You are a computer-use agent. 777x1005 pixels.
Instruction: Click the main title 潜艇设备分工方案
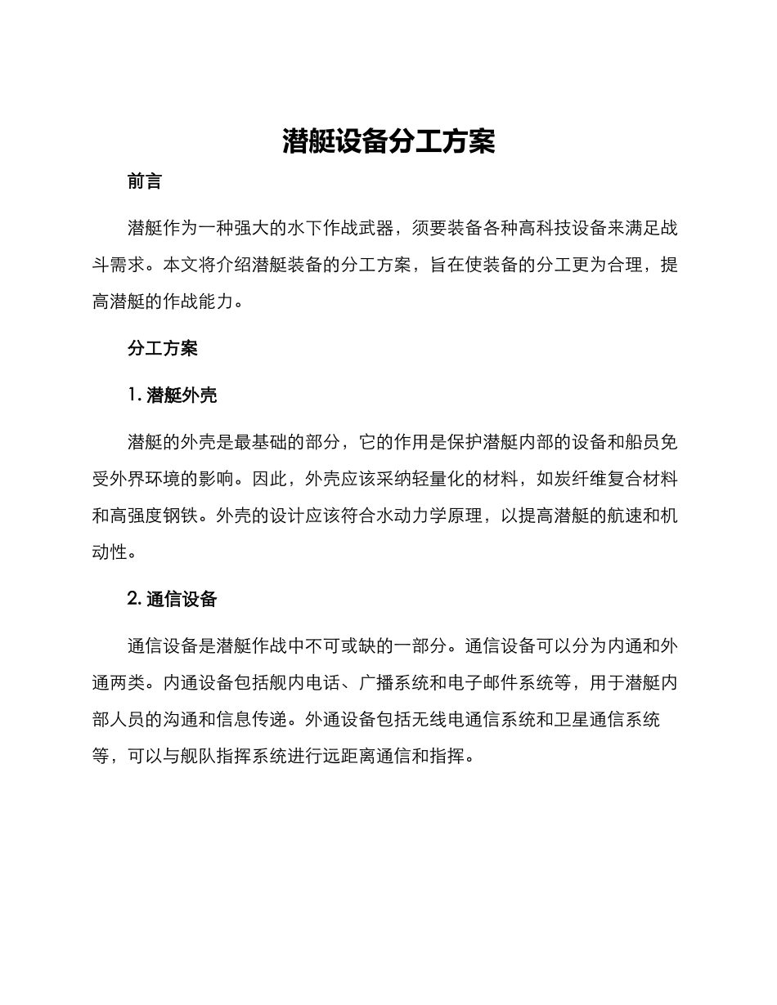[x=388, y=141]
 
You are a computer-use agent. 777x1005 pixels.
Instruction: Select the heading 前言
[x=145, y=181]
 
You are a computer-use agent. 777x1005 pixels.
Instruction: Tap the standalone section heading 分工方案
[x=163, y=348]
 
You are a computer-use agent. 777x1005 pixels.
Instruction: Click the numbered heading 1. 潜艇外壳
[x=173, y=395]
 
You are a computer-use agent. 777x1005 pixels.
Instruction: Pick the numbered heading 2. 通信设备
[x=173, y=598]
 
